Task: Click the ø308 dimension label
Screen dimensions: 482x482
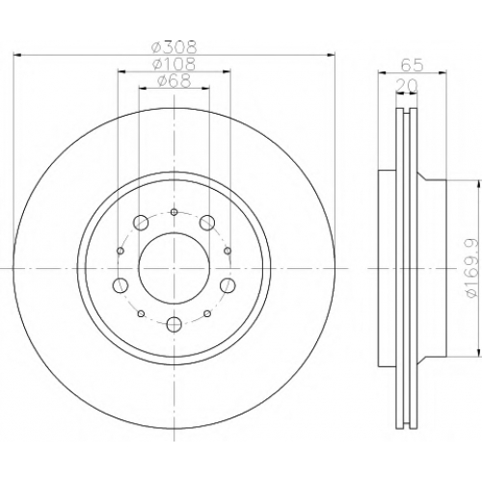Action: [x=174, y=48]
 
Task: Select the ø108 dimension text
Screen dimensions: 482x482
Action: [x=174, y=64]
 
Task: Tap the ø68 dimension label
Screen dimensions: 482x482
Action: [x=174, y=80]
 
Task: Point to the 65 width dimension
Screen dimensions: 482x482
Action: [x=413, y=66]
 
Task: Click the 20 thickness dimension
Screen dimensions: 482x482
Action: [x=407, y=86]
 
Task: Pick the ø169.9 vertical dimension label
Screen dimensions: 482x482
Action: [x=473, y=268]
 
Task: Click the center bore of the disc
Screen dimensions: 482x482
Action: [x=174, y=268]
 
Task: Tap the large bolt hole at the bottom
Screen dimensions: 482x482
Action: [x=174, y=324]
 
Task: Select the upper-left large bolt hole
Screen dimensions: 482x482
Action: [x=141, y=223]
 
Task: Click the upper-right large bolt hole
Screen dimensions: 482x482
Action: [x=207, y=223]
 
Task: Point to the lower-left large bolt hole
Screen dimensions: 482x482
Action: [x=120, y=285]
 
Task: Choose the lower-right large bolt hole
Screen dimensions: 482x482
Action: [x=228, y=285]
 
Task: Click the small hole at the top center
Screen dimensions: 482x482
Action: [x=174, y=212]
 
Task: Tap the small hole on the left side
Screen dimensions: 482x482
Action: [x=120, y=251]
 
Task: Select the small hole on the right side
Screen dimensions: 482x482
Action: [x=228, y=251]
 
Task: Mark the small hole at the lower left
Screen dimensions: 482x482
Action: [x=141, y=313]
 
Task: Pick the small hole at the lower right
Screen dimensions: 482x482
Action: [x=207, y=313]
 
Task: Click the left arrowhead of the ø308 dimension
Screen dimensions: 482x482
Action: [x=17, y=56]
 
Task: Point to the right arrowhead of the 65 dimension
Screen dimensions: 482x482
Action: [x=442, y=73]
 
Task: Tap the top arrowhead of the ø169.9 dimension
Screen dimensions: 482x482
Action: [x=479, y=184]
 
